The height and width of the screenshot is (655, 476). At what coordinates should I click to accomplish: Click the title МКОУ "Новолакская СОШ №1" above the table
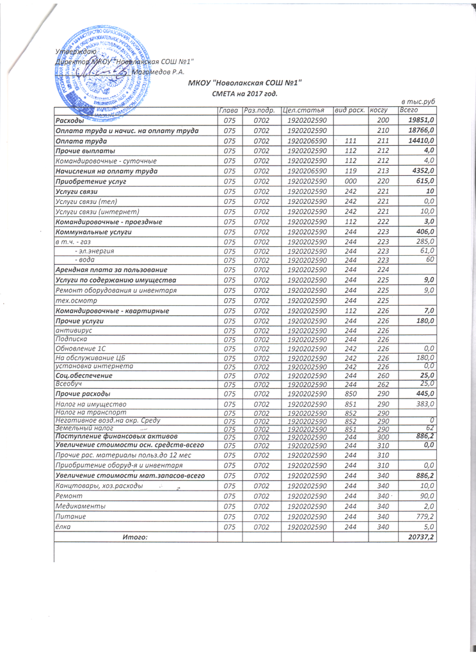(x=244, y=83)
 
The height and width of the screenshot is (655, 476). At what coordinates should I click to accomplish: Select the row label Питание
(x=69, y=516)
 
